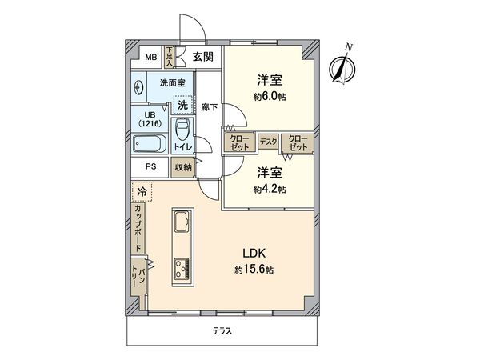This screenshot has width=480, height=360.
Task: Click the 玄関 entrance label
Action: coord(203,56)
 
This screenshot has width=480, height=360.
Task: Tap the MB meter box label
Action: coord(150,56)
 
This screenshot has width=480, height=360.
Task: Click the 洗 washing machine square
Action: coord(183,105)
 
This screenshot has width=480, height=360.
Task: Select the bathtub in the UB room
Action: coord(149,145)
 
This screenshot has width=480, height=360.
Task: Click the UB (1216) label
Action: coord(149,119)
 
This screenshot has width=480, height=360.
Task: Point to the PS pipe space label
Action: coord(150,167)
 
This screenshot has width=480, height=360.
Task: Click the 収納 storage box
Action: coord(182,167)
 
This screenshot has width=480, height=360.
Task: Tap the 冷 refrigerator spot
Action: coord(142,192)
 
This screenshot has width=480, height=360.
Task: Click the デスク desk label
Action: coord(268,142)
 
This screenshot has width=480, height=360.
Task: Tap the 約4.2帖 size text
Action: coord(271,189)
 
